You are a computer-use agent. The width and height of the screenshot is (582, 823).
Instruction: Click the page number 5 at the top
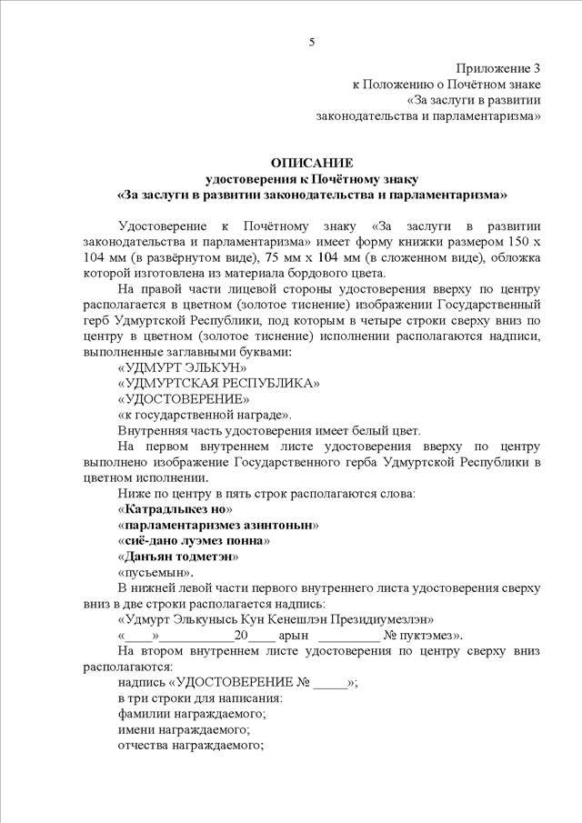point(312,42)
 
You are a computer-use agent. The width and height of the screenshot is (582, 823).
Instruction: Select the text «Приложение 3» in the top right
point(499,68)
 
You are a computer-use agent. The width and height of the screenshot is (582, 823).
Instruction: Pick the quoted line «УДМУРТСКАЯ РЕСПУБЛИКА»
point(218,383)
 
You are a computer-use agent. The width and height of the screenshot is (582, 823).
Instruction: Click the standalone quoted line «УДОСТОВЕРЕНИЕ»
point(182,398)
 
